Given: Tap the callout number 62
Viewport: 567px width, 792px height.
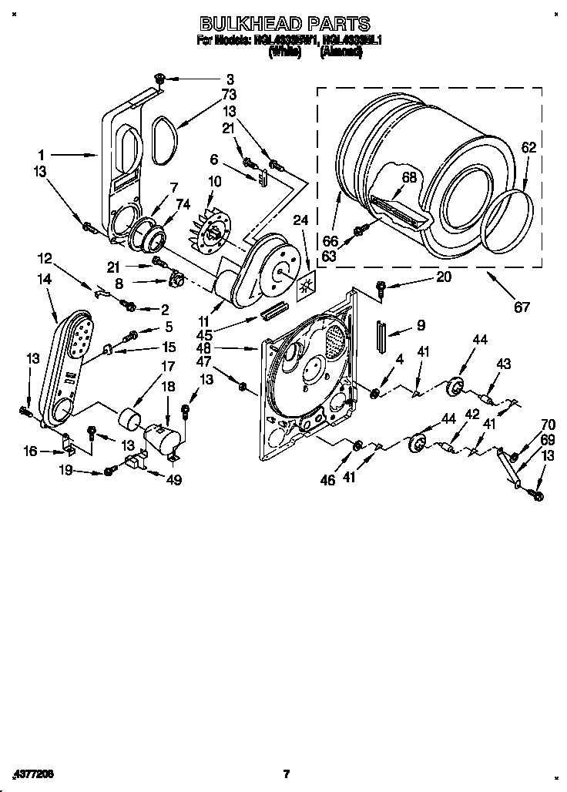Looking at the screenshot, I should coord(528,148).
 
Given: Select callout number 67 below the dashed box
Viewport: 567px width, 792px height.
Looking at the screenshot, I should coord(522,307).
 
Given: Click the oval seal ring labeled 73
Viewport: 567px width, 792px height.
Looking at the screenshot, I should coord(163,139).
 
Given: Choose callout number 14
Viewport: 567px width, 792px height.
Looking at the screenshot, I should coord(44,280).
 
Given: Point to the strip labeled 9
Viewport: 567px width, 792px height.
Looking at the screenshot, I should coord(381,337).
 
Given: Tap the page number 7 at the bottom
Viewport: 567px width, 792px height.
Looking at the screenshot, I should coord(285,774).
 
